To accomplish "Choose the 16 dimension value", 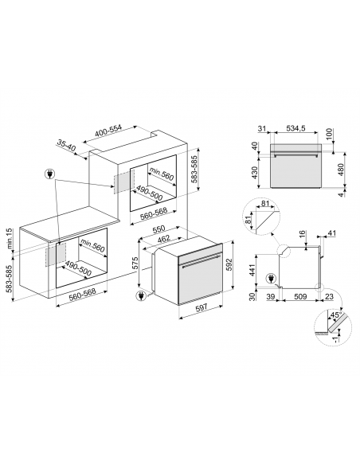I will pos(303,235).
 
